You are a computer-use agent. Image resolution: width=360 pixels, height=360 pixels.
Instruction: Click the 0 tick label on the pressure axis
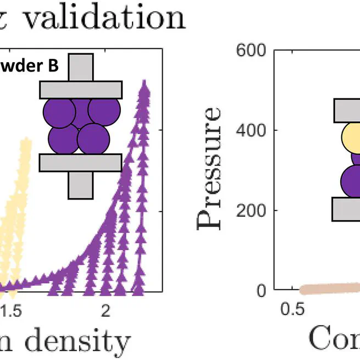pos(262,290)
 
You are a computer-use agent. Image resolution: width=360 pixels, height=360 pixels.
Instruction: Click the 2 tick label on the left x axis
pos(106,311)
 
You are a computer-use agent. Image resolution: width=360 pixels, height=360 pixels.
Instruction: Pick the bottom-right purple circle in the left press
pos(91,140)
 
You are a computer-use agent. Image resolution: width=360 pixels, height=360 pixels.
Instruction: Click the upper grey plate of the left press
pos(81,90)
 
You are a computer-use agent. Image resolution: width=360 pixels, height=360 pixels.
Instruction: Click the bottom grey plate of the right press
pos(346,209)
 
